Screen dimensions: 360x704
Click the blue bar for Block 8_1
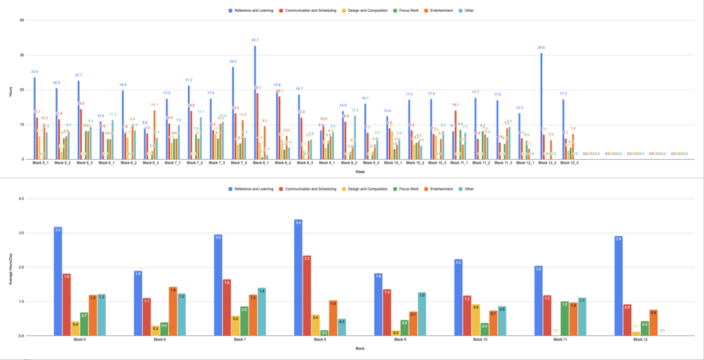click(255, 102)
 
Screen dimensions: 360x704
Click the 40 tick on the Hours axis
click(22, 20)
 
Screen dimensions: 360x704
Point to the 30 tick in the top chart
click(22, 55)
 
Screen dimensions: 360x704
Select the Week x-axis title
click(359, 172)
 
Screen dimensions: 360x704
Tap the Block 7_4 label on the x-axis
click(237, 163)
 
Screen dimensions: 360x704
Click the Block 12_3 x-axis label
click(569, 163)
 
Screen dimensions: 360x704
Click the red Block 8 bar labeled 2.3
click(307, 296)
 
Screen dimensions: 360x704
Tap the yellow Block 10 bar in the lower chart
click(476, 320)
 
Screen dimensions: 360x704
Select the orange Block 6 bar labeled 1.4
click(173, 312)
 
